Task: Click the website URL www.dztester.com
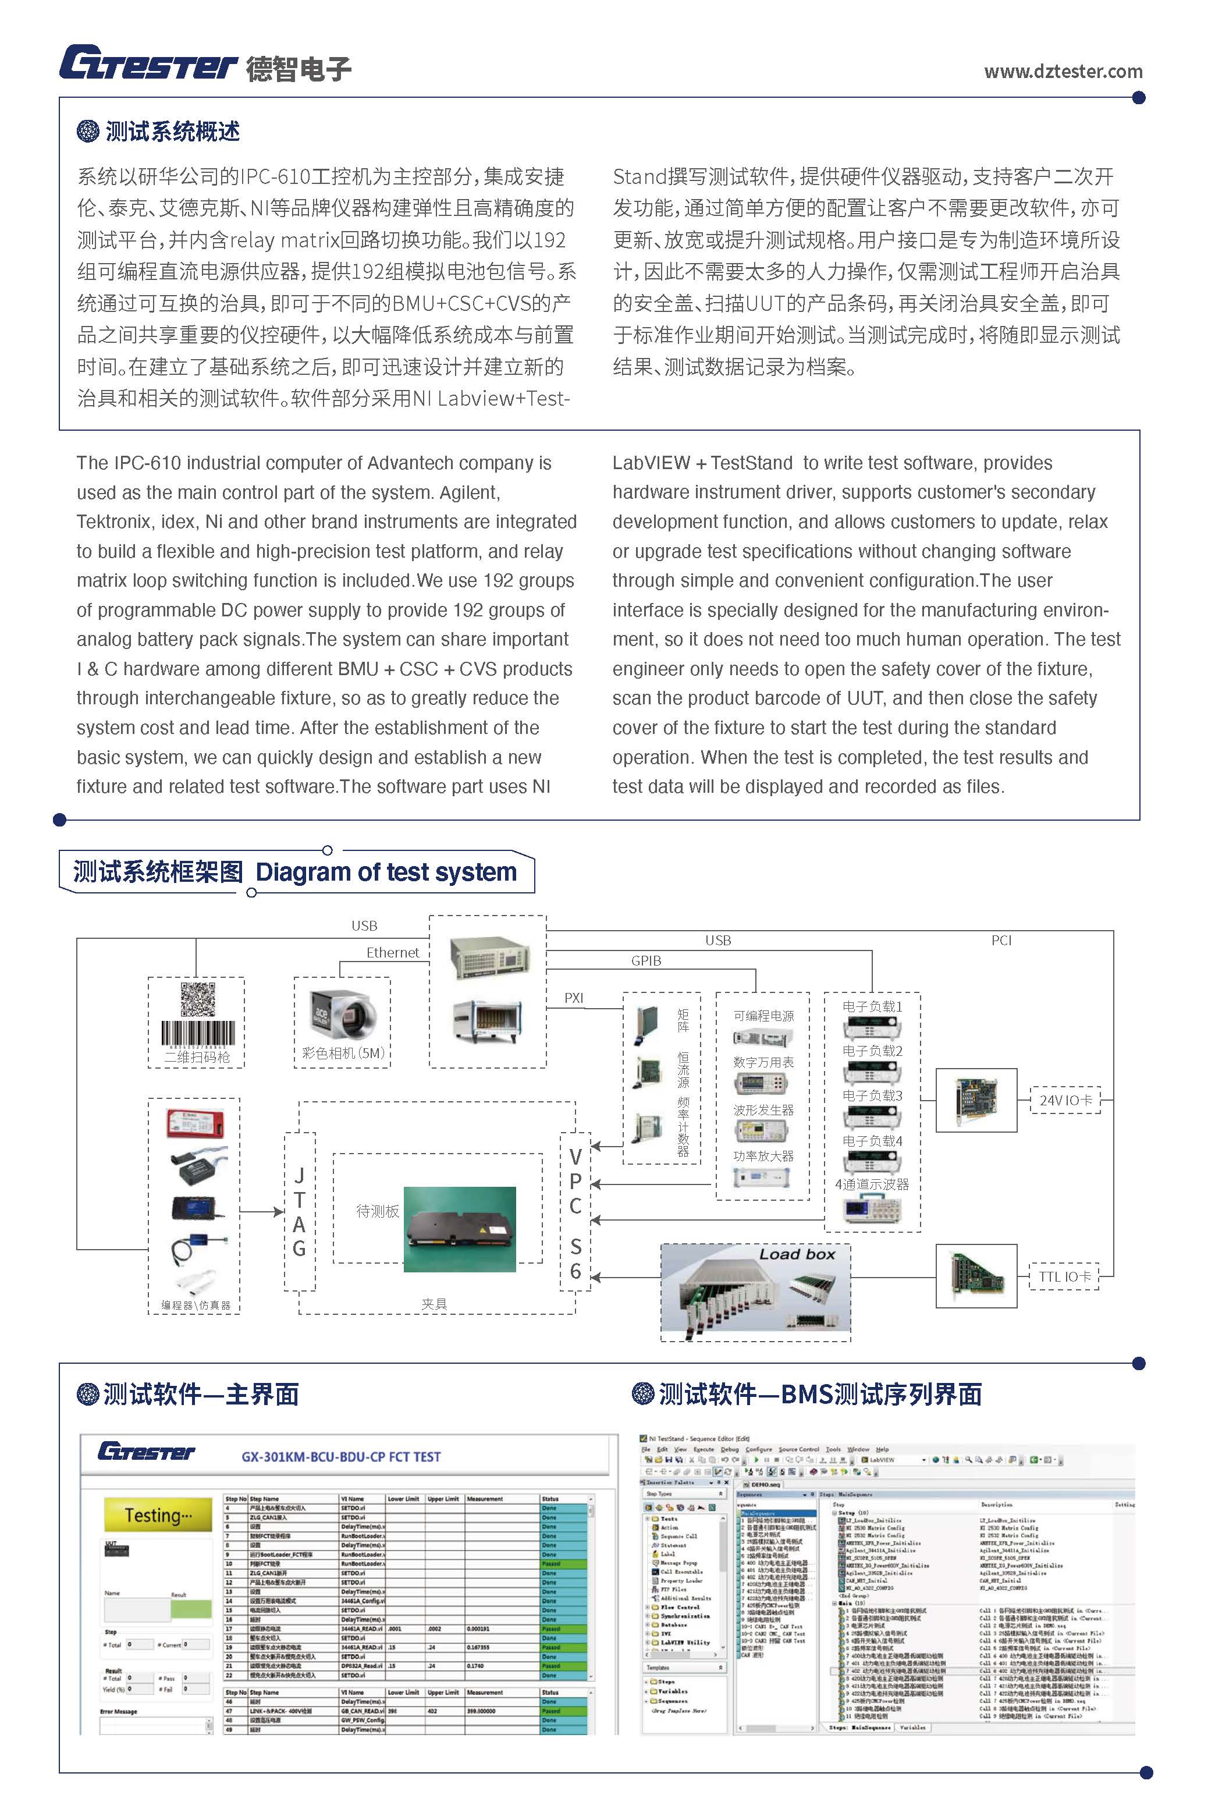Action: click(1063, 72)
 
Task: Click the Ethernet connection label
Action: click(392, 953)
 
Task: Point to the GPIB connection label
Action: click(645, 961)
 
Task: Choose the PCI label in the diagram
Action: click(1001, 940)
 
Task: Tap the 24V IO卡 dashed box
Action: click(1065, 1100)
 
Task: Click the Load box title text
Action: click(797, 1254)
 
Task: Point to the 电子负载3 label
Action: click(872, 1096)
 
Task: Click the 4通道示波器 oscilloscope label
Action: click(872, 1184)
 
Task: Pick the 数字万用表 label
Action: click(763, 1063)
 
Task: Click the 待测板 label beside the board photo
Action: click(378, 1211)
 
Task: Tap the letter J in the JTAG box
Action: click(299, 1176)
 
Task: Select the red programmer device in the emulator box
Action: click(196, 1124)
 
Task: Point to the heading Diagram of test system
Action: click(386, 872)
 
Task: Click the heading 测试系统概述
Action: click(172, 132)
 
